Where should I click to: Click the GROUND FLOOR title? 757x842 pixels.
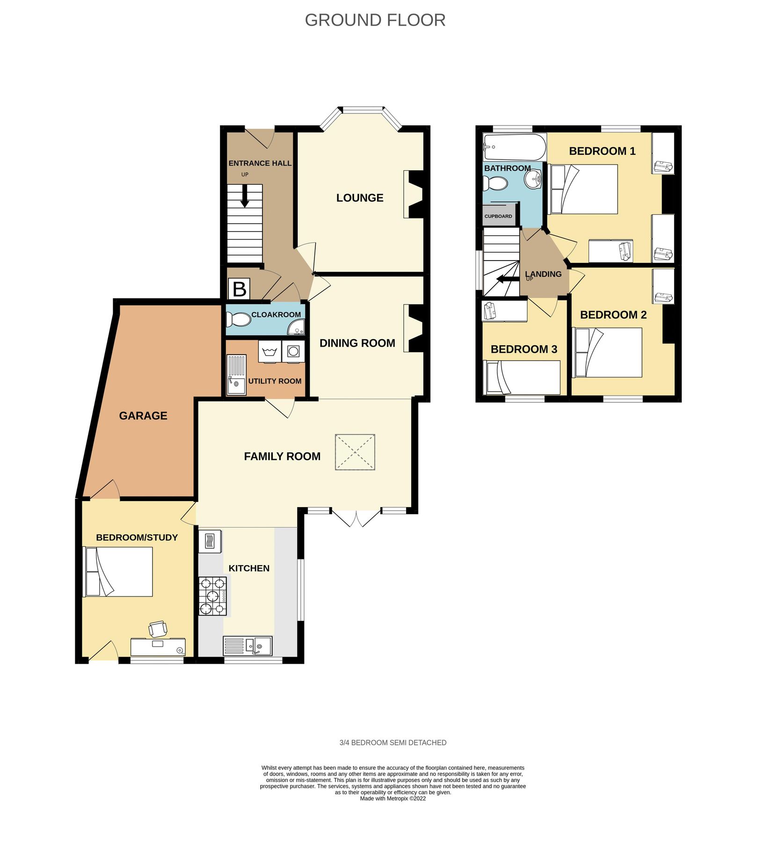point(375,20)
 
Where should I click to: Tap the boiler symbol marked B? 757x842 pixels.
point(239,289)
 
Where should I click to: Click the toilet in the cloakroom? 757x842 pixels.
point(239,320)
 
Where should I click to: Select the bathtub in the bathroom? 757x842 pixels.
point(514,147)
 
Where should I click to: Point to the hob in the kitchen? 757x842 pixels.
point(213,595)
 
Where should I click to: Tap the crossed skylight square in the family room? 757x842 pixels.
point(355,452)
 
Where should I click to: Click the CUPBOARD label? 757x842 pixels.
point(498,216)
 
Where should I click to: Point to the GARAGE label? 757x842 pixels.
point(143,415)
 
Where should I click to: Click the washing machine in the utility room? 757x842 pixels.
point(293,351)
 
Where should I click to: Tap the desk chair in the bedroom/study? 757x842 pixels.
point(158,629)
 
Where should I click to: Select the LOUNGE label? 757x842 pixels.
point(360,197)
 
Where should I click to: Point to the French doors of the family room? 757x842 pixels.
point(356,518)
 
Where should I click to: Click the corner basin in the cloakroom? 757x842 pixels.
point(297,328)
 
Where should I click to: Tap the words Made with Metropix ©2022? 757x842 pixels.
point(393,798)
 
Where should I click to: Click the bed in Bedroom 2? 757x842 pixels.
point(607,352)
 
